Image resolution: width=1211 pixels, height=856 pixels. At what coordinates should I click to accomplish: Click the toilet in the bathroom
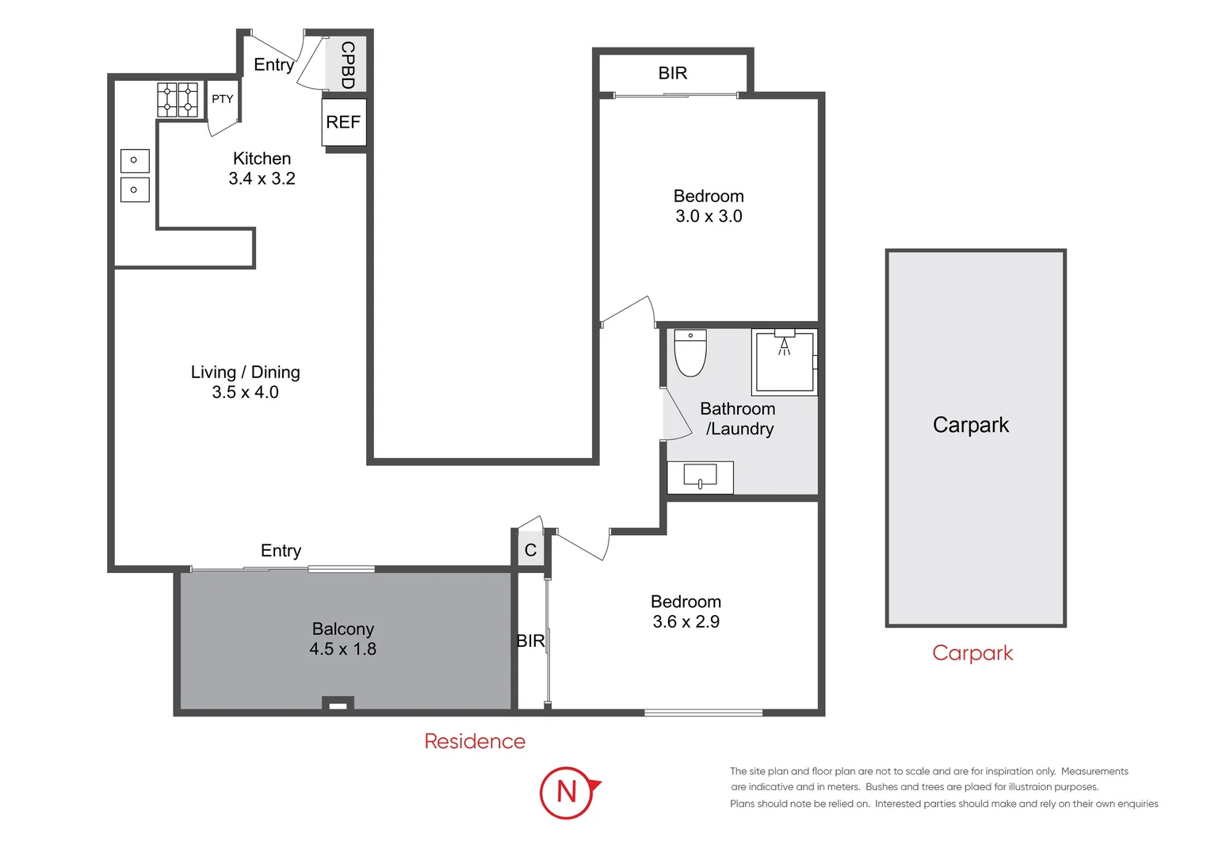tap(690, 353)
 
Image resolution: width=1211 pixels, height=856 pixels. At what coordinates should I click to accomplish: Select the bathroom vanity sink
tap(700, 477)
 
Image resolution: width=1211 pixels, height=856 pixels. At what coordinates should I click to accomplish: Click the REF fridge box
tap(344, 122)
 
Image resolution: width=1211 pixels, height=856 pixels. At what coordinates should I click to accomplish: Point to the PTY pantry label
tap(222, 99)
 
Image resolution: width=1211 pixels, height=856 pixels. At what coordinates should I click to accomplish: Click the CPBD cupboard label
tap(348, 65)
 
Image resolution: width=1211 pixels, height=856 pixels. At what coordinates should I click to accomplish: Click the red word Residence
tap(475, 741)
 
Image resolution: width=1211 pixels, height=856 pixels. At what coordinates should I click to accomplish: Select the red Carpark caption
tap(972, 653)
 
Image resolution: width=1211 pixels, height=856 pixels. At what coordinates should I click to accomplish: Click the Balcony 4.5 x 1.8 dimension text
tap(342, 649)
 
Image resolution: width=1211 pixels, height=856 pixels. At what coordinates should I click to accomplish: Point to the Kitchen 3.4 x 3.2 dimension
tap(262, 178)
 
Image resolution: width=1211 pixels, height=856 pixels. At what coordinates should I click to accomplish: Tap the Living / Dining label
tap(246, 372)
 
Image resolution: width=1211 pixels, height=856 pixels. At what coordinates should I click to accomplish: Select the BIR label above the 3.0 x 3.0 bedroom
tap(673, 73)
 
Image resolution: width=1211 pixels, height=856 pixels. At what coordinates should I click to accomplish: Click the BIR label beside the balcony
tap(530, 640)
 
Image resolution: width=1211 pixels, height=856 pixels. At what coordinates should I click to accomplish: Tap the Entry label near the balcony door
tap(281, 551)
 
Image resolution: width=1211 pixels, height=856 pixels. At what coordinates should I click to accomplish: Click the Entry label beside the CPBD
tap(274, 65)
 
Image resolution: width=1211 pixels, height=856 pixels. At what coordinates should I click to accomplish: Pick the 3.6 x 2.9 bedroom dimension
tap(686, 622)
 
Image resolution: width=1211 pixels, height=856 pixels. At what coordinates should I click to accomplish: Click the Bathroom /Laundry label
tap(738, 418)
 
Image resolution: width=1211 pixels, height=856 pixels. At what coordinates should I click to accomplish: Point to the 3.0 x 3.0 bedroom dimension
tap(709, 216)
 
